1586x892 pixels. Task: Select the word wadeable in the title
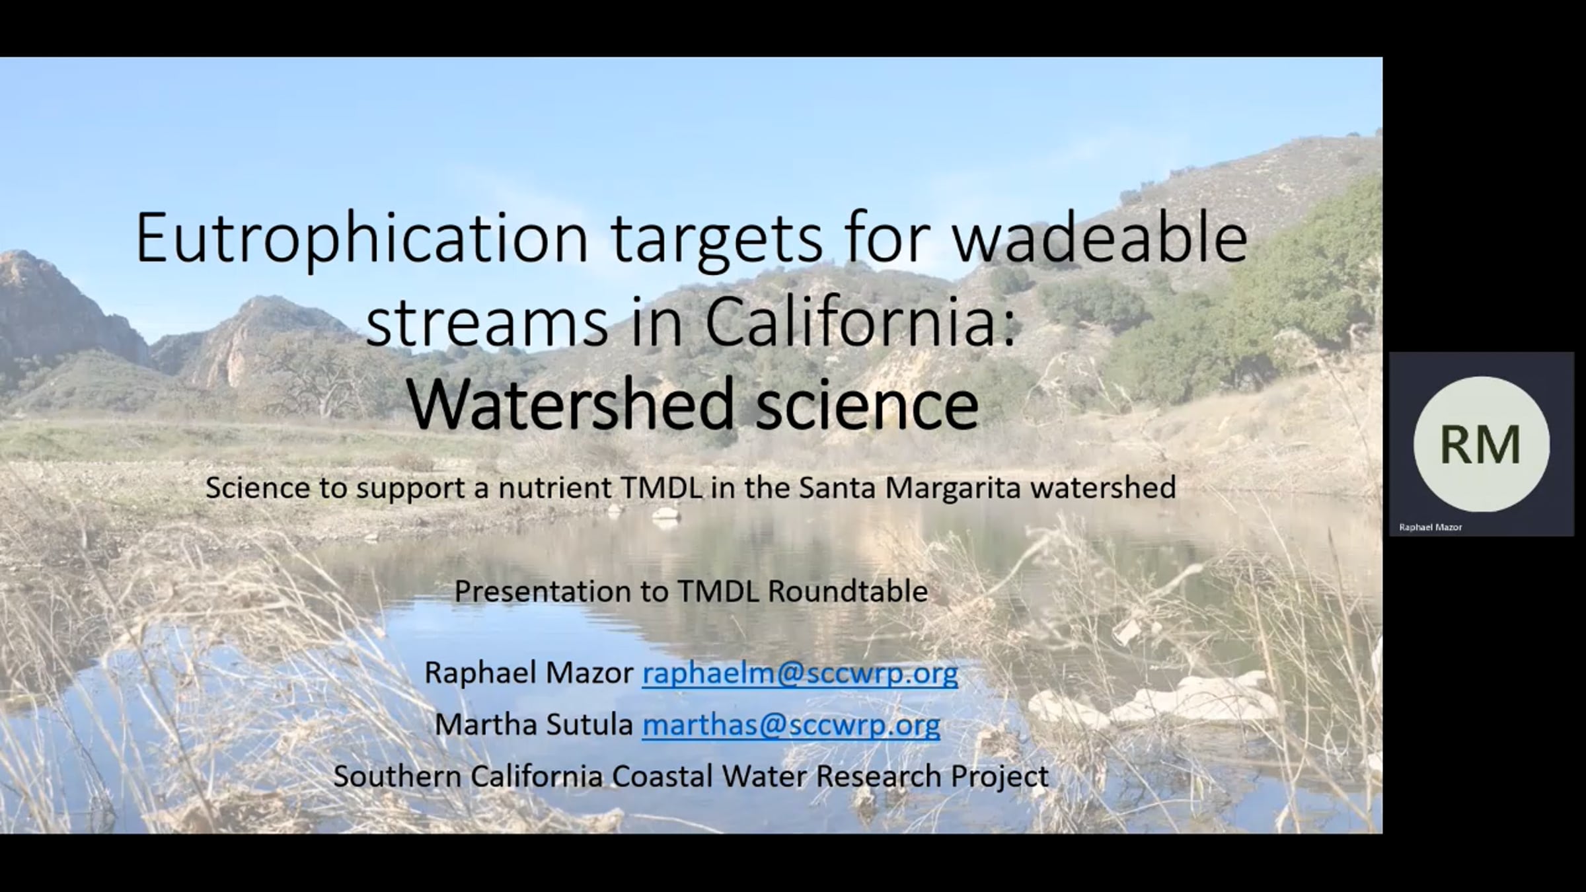[x=1100, y=237]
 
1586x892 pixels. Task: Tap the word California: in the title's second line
[x=860, y=323]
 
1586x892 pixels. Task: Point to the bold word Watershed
[x=571, y=404]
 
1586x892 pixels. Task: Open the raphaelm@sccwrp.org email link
[x=800, y=673]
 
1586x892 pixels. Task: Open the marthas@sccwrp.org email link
[x=791, y=725]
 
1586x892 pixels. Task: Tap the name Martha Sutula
[x=534, y=725]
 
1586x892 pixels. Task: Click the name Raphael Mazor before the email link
[x=529, y=673]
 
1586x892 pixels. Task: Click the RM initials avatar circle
[x=1481, y=444]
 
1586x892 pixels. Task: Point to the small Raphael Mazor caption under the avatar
[x=1431, y=527]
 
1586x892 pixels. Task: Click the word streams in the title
[x=486, y=323]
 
